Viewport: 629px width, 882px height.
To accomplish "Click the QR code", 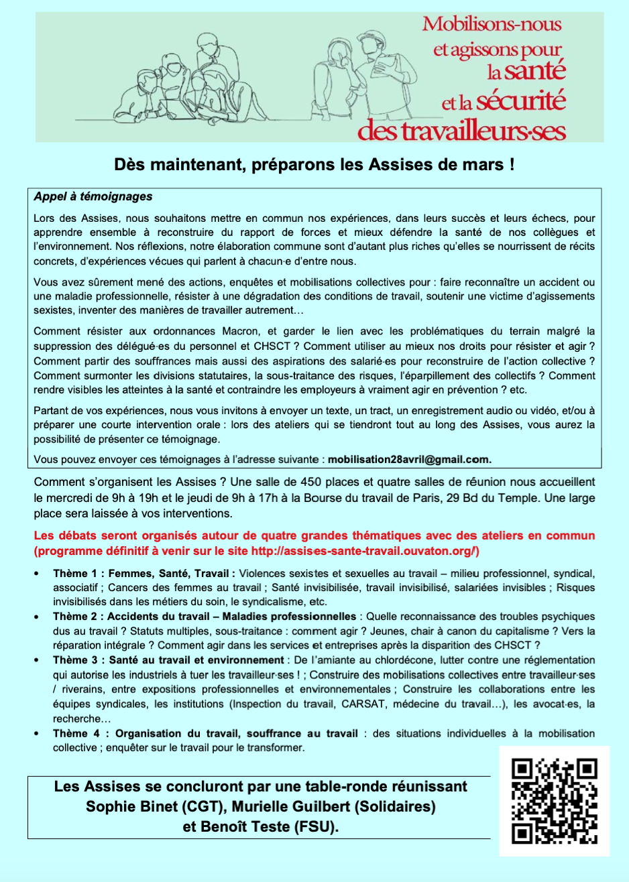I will pyautogui.click(x=554, y=800).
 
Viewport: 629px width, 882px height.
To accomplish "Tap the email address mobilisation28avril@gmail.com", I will pyautogui.click(x=409, y=459).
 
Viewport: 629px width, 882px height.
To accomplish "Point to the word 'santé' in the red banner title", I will pyautogui.click(x=535, y=70).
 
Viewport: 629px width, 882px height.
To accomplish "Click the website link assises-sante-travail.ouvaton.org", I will pyautogui.click(x=362, y=551).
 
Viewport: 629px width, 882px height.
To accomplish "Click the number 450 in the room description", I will pyautogui.click(x=311, y=482).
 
